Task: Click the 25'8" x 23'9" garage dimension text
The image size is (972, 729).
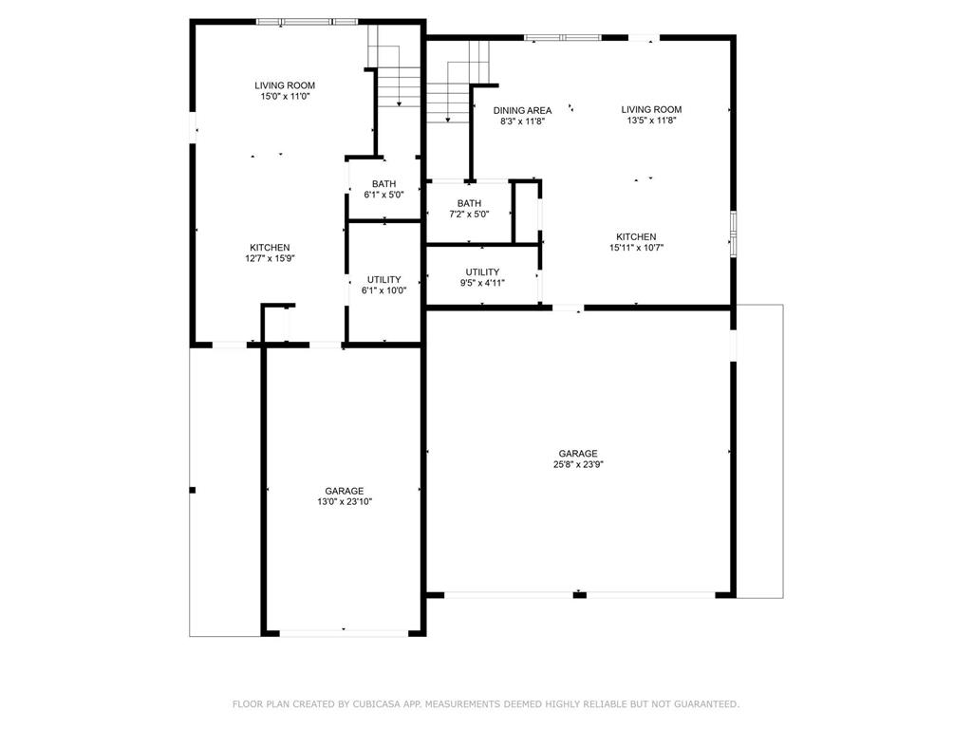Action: coord(577,465)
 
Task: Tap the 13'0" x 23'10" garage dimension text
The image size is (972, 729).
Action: coord(344,502)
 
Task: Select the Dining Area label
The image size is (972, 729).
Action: coord(522,110)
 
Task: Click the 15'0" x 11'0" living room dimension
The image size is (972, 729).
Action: coord(285,96)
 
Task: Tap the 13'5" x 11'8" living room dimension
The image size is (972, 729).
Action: coord(651,121)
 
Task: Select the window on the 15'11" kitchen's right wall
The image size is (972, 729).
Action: coord(733,234)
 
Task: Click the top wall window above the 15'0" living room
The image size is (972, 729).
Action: coord(307,21)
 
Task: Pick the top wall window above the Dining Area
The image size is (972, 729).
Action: coord(562,38)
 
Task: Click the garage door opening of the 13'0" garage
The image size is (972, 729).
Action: coord(343,631)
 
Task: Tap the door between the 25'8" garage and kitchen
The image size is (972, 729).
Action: coord(568,308)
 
